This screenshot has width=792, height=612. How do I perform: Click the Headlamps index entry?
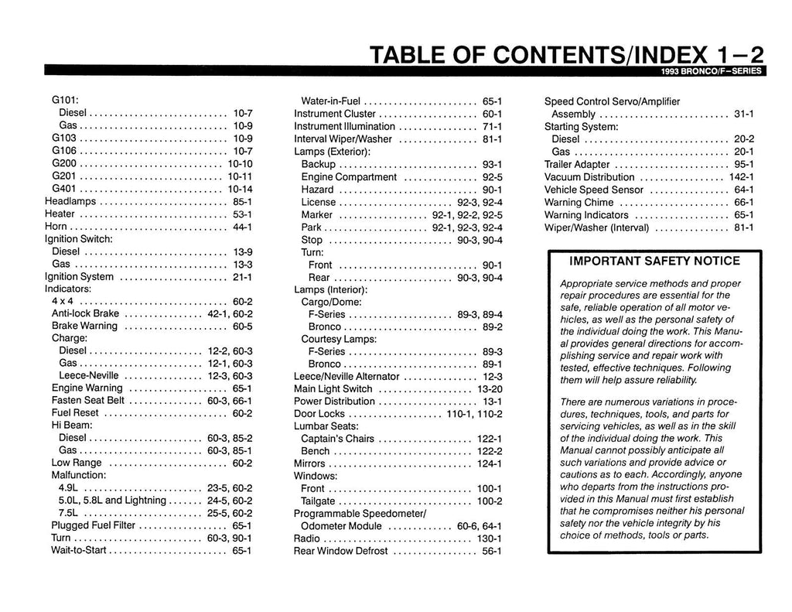(71, 201)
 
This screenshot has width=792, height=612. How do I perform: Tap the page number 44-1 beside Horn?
(242, 227)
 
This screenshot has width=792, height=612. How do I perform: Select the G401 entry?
(63, 189)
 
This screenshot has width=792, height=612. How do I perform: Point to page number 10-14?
(240, 189)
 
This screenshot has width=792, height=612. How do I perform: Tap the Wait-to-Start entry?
(80, 551)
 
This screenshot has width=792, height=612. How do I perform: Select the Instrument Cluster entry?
(335, 114)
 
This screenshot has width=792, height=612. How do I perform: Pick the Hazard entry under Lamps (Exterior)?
(317, 190)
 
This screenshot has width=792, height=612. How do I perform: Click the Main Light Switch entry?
(333, 389)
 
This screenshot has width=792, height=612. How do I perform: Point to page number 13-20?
(490, 389)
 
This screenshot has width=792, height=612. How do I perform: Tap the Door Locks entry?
(319, 414)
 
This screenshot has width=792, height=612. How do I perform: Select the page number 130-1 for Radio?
(490, 538)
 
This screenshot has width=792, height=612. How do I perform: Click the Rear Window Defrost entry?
(341, 552)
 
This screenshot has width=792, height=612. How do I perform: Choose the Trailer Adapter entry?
(577, 165)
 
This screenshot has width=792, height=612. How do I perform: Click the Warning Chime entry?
(579, 203)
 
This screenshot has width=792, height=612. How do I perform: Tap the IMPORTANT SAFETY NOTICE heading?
(654, 261)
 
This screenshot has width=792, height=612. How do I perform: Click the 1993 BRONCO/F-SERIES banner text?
(711, 73)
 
